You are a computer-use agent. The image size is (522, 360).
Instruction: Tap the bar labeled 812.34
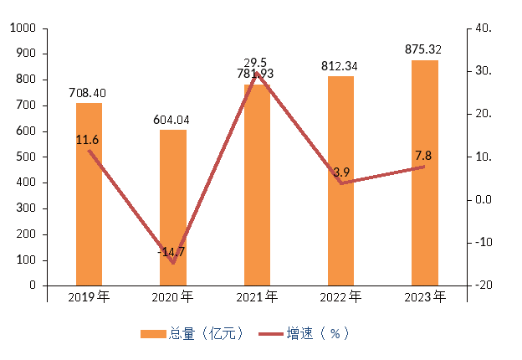tap(340, 181)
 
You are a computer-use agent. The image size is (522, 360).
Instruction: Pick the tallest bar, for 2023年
tap(425, 172)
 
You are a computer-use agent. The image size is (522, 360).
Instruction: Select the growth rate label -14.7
tap(171, 251)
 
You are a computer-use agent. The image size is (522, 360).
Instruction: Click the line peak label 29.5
tap(255, 63)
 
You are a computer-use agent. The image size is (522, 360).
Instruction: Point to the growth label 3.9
tap(341, 172)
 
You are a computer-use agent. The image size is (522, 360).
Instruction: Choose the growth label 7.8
tap(423, 156)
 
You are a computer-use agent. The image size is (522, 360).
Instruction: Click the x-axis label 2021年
tap(256, 296)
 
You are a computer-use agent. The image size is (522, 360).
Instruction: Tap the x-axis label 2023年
tap(425, 296)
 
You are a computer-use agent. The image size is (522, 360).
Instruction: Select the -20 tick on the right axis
tap(484, 285)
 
